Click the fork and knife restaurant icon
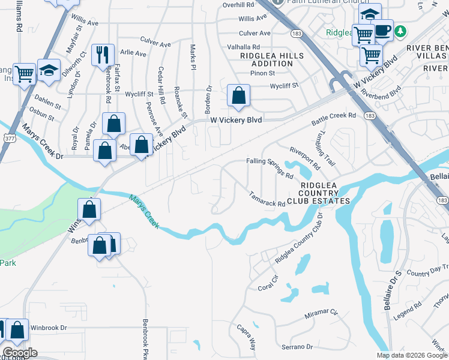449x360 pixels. (102, 55)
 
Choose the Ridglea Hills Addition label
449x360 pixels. (272, 59)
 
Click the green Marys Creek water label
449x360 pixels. (144, 211)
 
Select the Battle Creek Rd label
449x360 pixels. (334, 119)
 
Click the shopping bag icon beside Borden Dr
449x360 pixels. (238, 95)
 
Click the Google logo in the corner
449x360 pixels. (19, 353)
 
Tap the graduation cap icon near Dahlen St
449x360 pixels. (49, 70)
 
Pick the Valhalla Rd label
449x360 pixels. (244, 46)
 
